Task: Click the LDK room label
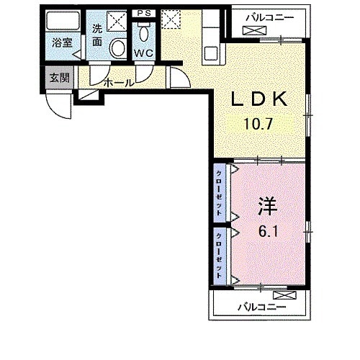click(x=259, y=99)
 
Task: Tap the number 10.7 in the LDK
click(x=258, y=124)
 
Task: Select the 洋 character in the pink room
click(x=267, y=206)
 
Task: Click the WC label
click(x=144, y=53)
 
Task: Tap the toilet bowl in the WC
click(x=144, y=33)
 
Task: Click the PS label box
click(x=144, y=13)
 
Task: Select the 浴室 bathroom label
click(x=63, y=43)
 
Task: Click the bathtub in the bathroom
click(x=63, y=21)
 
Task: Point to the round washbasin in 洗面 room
click(x=118, y=48)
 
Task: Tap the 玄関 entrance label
click(x=59, y=78)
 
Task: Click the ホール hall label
click(x=119, y=83)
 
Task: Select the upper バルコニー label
click(x=271, y=18)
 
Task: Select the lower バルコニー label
click(x=262, y=307)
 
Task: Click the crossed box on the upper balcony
click(x=255, y=30)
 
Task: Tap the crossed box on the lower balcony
click(x=285, y=295)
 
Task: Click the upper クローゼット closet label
click(x=219, y=193)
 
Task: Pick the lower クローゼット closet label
click(x=219, y=256)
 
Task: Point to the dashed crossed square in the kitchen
click(x=171, y=19)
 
